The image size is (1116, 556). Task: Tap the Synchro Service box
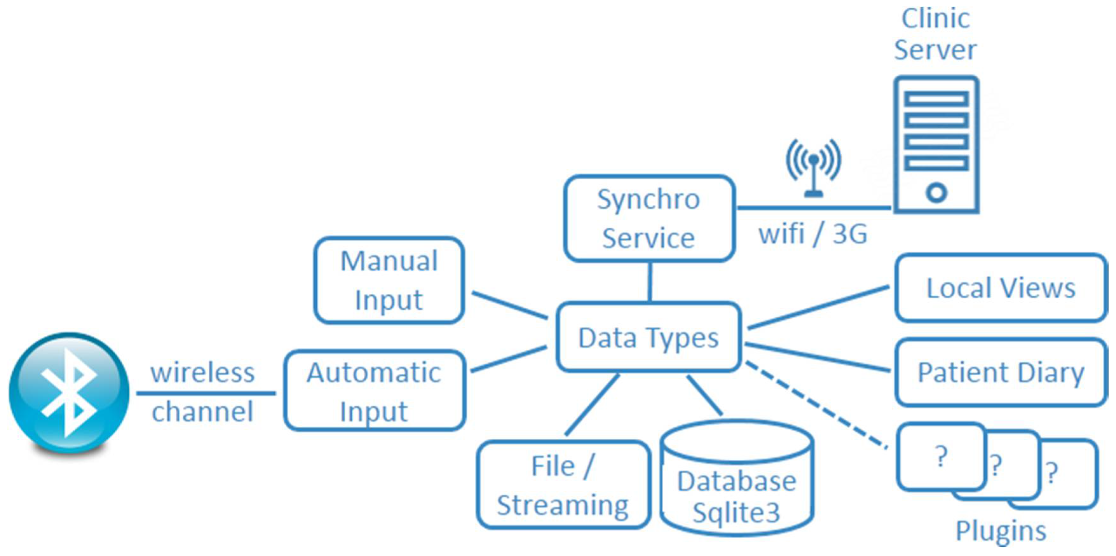(x=649, y=218)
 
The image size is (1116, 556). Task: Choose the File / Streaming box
(x=563, y=485)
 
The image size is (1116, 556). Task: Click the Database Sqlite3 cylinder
(x=736, y=481)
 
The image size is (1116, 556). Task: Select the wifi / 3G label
(x=813, y=234)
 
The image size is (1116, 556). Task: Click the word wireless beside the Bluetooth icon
(x=202, y=373)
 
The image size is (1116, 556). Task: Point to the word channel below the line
(x=202, y=412)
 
